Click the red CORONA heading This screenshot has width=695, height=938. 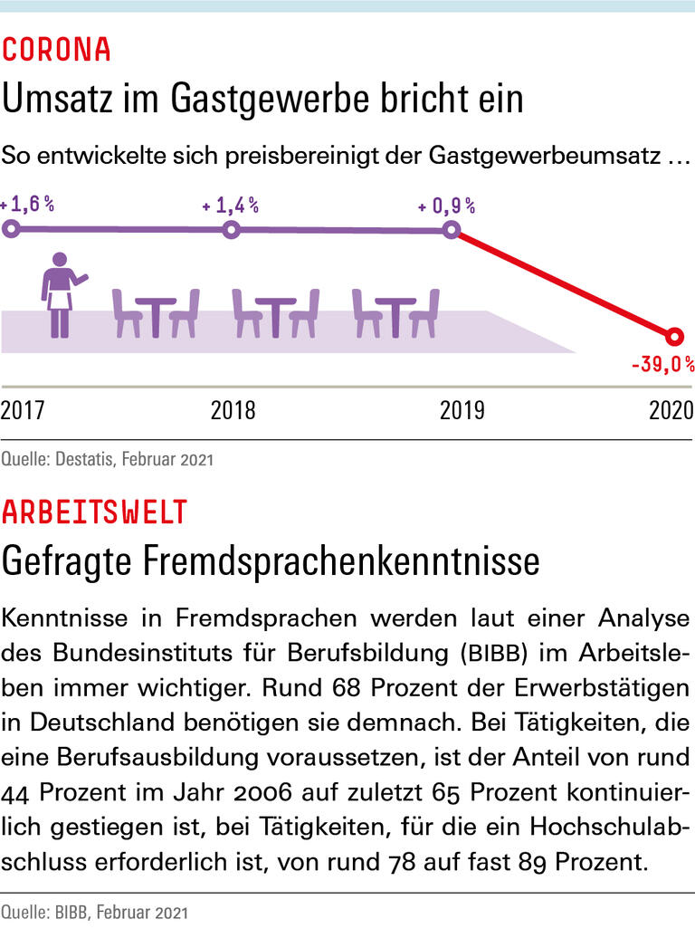coord(56,50)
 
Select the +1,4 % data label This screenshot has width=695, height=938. coord(231,206)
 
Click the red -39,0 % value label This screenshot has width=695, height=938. coord(662,365)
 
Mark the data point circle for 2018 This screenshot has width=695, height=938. coord(231,230)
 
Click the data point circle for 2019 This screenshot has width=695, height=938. coord(452,230)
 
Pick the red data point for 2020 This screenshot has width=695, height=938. coord(672,337)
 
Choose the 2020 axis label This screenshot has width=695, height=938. coord(671,410)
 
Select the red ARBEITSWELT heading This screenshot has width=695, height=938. coord(94,512)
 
